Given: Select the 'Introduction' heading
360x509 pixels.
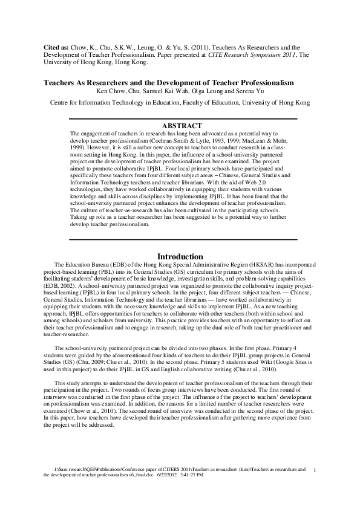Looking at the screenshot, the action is [x=180, y=256].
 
